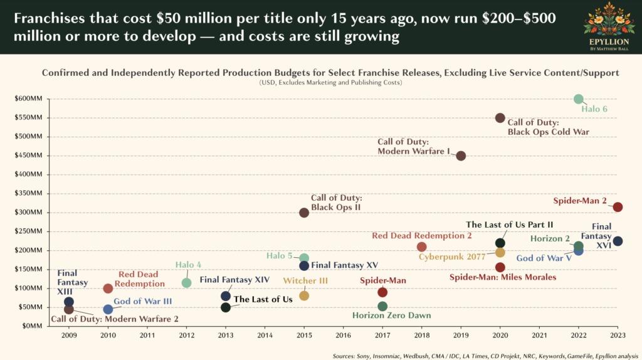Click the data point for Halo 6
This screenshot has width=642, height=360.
tap(578, 99)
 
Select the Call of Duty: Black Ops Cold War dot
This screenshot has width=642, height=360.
tap(500, 118)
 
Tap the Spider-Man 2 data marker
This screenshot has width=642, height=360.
tap(618, 207)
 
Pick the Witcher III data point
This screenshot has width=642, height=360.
tap(304, 295)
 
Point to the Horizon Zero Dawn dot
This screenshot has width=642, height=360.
tap(382, 306)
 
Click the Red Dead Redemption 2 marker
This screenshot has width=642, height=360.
tap(421, 247)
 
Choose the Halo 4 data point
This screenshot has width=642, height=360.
tap(186, 283)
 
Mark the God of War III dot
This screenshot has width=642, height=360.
tap(108, 309)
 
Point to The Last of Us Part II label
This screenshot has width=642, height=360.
tap(509, 225)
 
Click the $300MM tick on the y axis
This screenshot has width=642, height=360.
tap(28, 213)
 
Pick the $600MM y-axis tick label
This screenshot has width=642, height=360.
tap(28, 99)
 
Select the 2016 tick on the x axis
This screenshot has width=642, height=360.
tap(343, 336)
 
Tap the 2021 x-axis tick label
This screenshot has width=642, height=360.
tap(539, 336)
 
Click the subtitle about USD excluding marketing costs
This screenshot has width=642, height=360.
tap(330, 83)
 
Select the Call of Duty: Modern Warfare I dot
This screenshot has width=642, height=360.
tap(461, 156)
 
